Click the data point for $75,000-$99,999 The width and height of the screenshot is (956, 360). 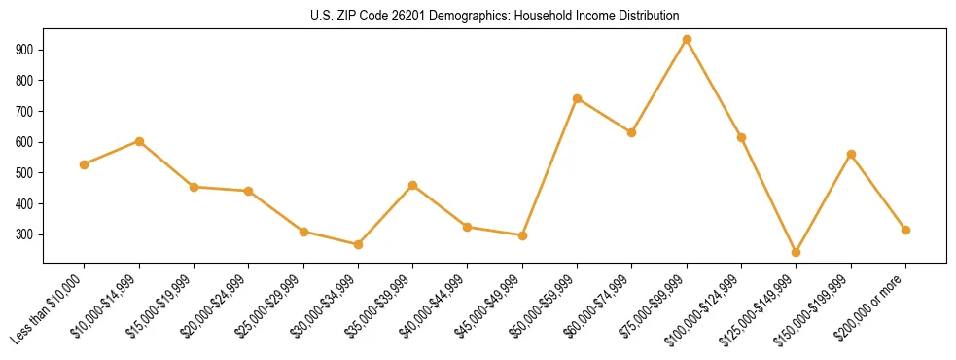point(687,40)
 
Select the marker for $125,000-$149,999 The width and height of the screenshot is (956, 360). point(797,252)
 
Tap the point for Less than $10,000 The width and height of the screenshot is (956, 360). point(85,164)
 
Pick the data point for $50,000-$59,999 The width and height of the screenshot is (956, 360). point(578,98)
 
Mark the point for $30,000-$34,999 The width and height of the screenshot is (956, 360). point(358,244)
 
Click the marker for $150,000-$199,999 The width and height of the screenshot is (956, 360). point(851,154)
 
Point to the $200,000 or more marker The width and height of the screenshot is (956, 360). point(905,230)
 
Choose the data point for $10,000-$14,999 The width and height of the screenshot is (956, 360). point(139,141)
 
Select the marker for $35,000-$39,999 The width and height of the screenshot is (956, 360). point(413,185)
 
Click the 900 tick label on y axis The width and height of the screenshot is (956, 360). point(26,50)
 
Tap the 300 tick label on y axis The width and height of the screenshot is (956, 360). point(26,235)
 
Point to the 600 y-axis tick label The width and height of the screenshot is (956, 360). point(26,142)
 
